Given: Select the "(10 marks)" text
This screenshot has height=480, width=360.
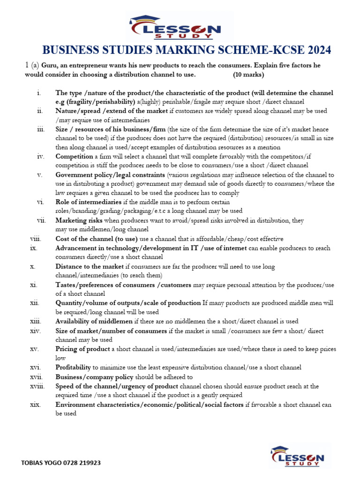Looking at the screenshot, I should point(248,75).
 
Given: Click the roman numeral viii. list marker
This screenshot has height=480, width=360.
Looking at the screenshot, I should point(36,239).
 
